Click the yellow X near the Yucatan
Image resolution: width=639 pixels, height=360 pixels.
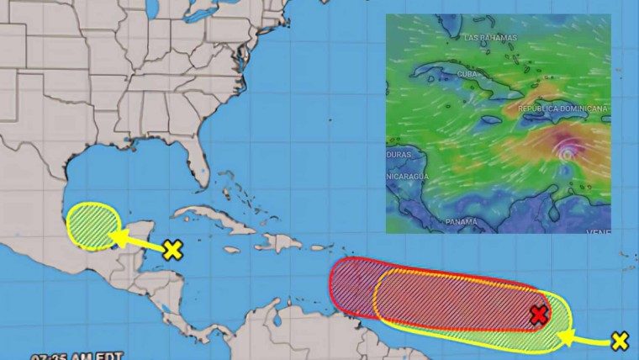[172, 250]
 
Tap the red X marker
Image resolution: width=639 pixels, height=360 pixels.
[539, 315]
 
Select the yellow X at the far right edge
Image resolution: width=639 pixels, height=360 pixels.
[620, 341]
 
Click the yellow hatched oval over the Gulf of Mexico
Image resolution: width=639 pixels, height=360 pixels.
[92, 226]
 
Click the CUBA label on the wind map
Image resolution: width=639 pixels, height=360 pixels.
[467, 74]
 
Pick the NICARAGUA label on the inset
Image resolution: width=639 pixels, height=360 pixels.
[408, 177]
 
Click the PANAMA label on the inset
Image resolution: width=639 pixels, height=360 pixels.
[461, 221]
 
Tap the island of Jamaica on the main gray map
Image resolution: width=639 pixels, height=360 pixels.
[231, 249]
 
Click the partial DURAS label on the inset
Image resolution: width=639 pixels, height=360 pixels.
[399, 156]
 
